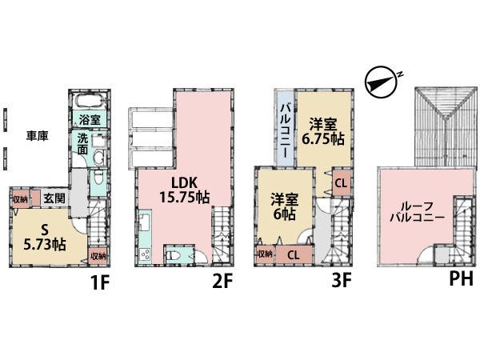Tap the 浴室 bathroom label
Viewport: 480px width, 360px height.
(x=89, y=118)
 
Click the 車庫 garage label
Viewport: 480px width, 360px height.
(x=37, y=136)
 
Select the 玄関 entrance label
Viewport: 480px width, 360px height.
(x=54, y=198)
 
